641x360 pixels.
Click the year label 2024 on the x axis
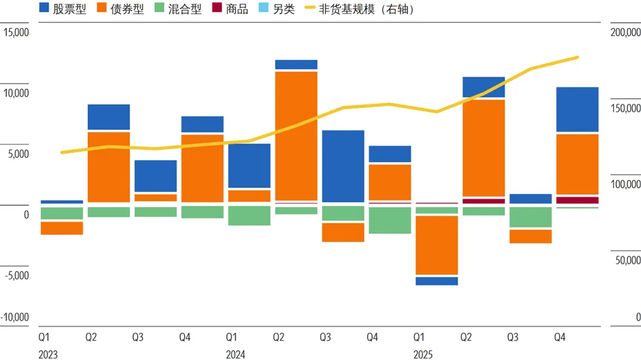click(236, 355)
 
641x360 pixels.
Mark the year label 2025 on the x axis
click(423, 355)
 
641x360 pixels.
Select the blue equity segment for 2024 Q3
click(343, 166)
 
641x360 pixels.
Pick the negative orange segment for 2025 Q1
click(437, 245)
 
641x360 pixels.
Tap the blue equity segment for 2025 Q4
click(577, 110)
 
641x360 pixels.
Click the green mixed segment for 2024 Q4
click(390, 220)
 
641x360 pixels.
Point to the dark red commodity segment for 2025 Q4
click(577, 200)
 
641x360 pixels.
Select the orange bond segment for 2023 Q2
click(109, 167)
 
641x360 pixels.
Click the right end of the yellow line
click(577, 58)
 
